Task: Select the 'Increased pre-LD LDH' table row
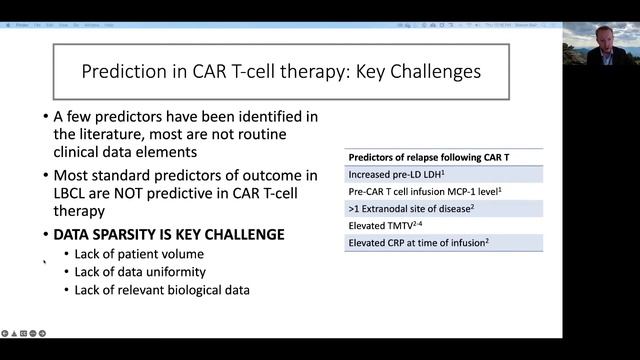tap(401, 174)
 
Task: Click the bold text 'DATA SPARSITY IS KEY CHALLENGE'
tap(169, 234)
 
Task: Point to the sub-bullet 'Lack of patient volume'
tap(132, 254)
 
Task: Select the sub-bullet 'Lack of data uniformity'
tap(140, 272)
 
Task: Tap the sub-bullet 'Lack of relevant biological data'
tap(162, 290)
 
